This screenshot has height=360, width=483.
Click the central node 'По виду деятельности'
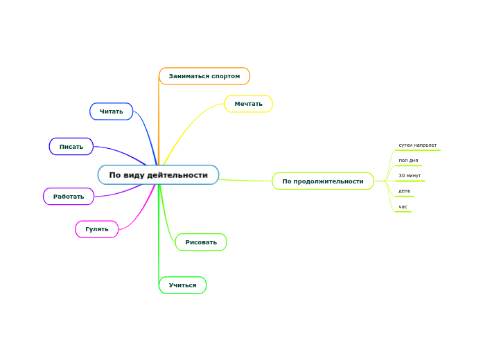point(158,175)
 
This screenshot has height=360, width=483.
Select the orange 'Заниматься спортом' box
point(204,76)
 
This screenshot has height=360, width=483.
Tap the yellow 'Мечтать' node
point(248,104)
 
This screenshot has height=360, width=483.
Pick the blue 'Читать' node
point(111,111)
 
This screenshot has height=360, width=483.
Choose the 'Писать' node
point(71,147)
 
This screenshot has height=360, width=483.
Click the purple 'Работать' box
point(69,197)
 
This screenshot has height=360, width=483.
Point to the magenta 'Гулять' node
point(96,229)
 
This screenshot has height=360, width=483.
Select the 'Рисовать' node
point(201,242)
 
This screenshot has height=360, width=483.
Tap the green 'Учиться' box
point(182,285)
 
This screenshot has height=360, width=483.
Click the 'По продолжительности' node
point(323,181)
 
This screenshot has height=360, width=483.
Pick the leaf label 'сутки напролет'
point(417,145)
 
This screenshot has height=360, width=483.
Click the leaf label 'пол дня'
point(408,161)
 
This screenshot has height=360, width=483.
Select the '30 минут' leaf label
point(410,176)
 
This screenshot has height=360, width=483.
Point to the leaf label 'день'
point(404,191)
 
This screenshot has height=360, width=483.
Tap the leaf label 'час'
point(403,206)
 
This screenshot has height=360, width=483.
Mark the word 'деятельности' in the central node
point(178,175)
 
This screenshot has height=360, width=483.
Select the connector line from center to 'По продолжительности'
point(246,180)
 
